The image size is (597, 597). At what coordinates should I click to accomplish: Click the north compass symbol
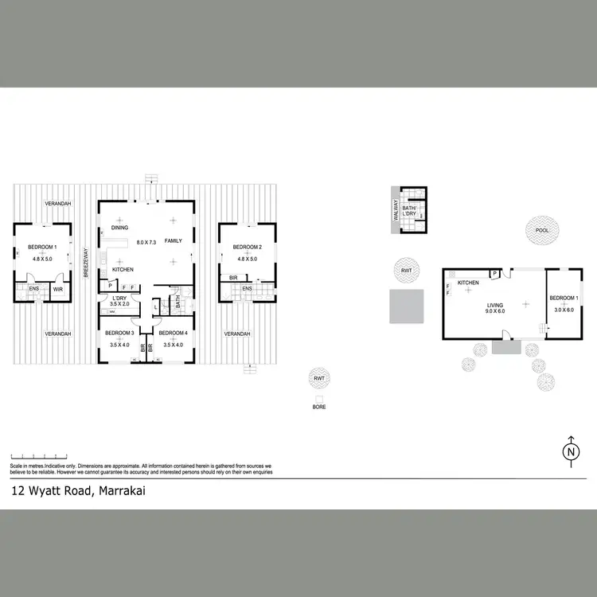point(571,451)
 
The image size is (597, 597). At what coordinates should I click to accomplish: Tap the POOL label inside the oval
point(542,230)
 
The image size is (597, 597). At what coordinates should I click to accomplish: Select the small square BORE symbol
point(319,398)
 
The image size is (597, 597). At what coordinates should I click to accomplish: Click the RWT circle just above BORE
point(319,377)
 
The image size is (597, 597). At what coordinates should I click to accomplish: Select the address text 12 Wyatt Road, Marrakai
point(78,491)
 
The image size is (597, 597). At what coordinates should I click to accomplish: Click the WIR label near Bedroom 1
point(58,289)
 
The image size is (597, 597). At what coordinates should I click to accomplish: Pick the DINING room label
point(120,228)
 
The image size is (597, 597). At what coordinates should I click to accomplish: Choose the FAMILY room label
point(173,240)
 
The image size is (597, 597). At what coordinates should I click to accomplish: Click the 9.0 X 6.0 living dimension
point(494,311)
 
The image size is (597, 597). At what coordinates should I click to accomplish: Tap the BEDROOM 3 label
point(119,332)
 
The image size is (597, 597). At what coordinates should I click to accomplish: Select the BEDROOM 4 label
point(173,332)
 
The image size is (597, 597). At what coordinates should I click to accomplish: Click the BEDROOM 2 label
point(247,247)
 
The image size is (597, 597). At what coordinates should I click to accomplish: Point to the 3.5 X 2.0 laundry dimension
point(119,304)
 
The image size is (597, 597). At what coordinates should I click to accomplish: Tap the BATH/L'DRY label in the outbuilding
point(412,210)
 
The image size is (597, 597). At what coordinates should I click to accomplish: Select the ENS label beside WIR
point(34,289)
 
